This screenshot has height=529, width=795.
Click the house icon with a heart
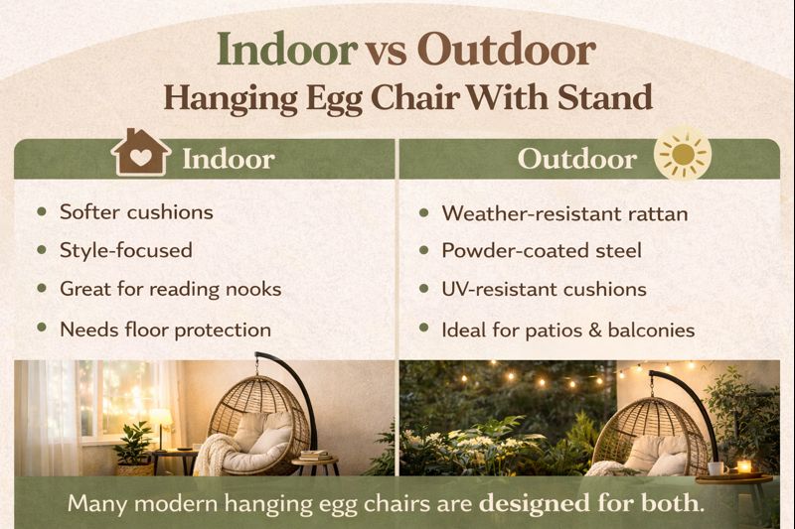140,154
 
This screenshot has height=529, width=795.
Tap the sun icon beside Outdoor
683,157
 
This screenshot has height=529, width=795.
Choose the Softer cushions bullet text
136,211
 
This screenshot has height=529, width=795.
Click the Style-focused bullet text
125,250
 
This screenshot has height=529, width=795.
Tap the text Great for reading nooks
170,289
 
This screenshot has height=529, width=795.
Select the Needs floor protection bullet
165,329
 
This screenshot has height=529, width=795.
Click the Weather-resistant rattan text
564,213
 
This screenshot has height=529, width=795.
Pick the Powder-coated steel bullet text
542,251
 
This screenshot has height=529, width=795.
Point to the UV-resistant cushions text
544,290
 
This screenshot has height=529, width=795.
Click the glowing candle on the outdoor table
743,465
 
